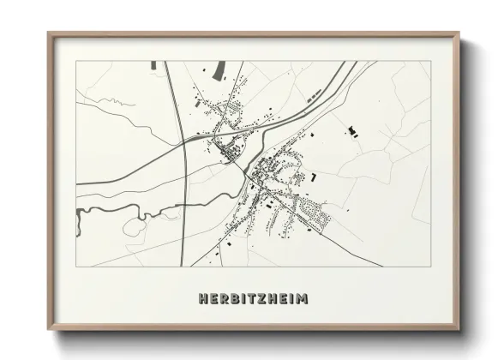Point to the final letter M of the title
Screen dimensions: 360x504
(303, 299)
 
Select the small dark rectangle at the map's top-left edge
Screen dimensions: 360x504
(153, 64)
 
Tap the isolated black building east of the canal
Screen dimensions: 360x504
(350, 131)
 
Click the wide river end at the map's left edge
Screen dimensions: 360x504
(80, 221)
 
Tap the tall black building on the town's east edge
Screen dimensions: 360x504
(314, 177)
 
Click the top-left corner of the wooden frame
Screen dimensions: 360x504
(49, 33)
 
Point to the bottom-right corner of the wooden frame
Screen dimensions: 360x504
(459, 330)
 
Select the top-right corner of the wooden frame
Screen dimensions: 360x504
(459, 33)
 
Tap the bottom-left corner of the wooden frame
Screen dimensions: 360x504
(49, 330)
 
